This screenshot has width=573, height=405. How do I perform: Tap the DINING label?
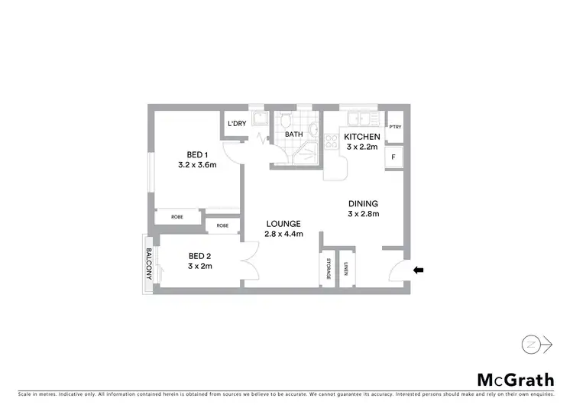click(363, 203)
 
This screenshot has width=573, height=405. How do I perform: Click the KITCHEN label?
click(361, 137)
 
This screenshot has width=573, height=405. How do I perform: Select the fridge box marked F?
click(393, 157)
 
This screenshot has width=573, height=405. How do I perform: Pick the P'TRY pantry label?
click(394, 128)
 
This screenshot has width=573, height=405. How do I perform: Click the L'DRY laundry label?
click(236, 124)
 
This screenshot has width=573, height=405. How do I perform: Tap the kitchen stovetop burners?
click(332, 141)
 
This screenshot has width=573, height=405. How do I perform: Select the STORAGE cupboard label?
click(329, 270)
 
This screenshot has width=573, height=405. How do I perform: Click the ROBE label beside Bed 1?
click(176, 217)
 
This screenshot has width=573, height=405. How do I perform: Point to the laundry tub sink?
click(261, 119)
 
